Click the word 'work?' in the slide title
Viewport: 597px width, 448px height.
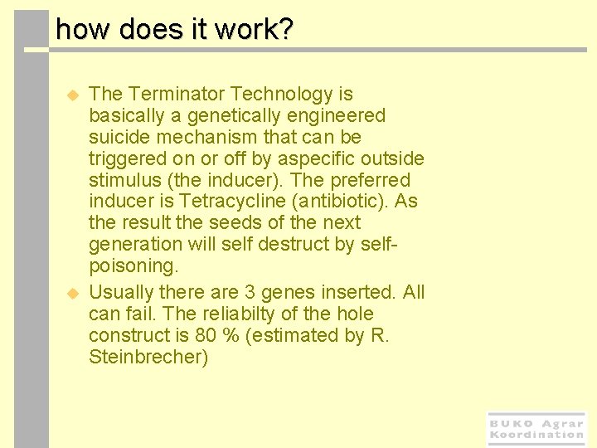254,30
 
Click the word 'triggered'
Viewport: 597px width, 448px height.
124,158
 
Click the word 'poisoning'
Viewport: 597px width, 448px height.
131,266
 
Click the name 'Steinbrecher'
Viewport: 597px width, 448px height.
147,358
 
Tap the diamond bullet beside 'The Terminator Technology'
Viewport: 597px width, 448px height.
72,95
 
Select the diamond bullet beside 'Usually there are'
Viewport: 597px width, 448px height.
72,294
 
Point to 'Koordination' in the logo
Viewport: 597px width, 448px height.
536,435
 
